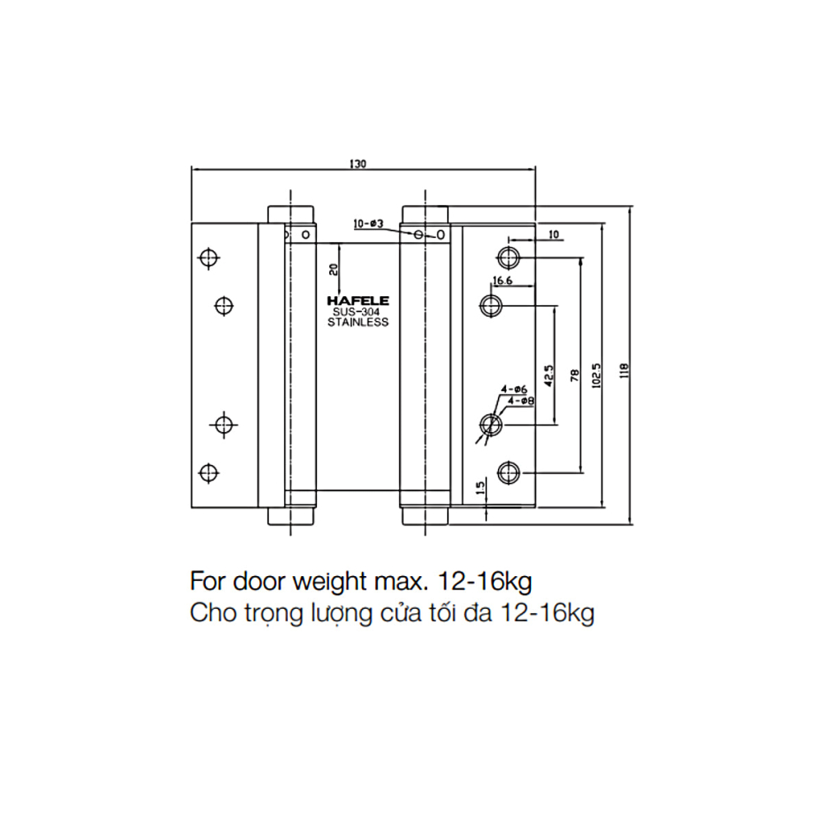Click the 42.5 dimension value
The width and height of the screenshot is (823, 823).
coord(547,375)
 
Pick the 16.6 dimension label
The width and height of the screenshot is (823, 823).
coord(504,281)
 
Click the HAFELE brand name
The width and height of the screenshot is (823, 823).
coord(357,301)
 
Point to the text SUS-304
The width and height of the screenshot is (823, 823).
coord(357,312)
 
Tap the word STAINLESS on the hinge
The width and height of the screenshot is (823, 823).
coord(357,323)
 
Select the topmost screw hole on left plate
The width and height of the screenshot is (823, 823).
coord(209,258)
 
